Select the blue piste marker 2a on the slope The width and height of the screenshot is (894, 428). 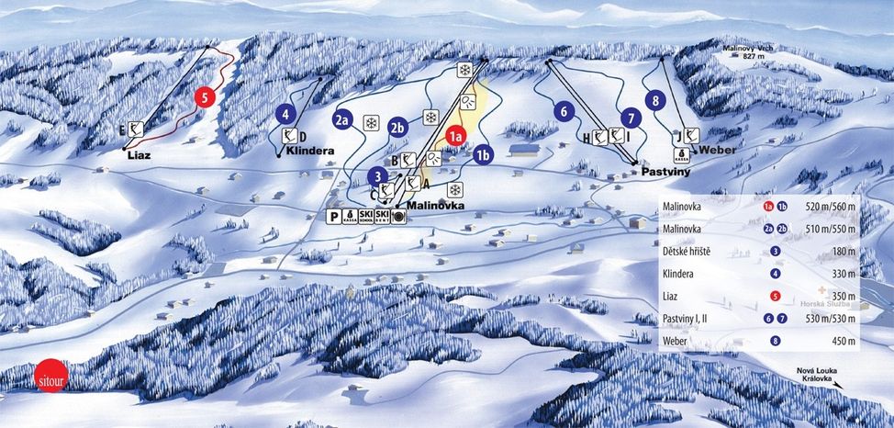pos(343,119)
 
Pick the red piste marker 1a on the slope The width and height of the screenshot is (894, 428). pos(454,137)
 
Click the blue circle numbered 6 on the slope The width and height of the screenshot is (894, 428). pos(564,110)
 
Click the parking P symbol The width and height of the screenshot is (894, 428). pos(334,215)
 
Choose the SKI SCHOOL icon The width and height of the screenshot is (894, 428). pos(365,216)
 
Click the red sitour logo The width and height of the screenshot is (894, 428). pos(47,378)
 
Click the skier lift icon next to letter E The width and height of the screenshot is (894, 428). pos(137,130)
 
